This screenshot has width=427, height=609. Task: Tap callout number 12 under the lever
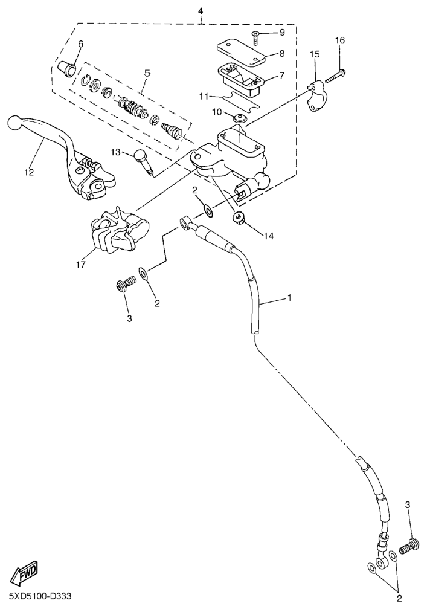tap(30, 172)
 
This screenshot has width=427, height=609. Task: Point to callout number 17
tap(81, 264)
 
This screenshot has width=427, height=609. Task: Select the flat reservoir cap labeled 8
tap(240, 52)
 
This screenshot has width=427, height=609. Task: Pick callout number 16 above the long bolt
tap(339, 40)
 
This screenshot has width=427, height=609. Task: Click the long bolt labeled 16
tap(335, 76)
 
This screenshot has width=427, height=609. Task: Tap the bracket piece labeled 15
tap(316, 96)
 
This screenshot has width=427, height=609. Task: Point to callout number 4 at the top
tap(201, 10)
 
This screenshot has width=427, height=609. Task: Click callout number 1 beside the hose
tap(289, 298)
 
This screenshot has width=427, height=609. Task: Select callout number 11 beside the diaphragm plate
tap(205, 96)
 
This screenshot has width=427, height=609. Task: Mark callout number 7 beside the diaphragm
tap(282, 74)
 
